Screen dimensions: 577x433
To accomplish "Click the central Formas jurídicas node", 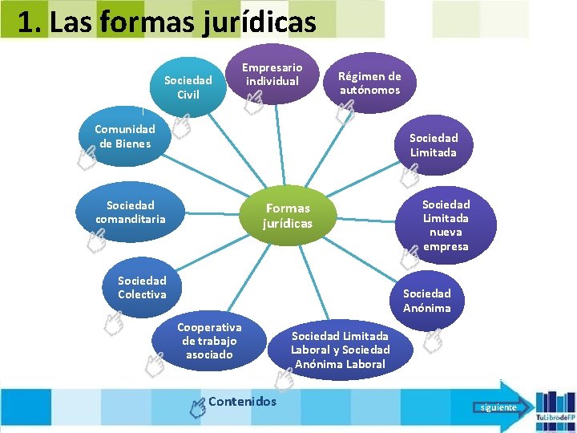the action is pyautogui.click(x=288, y=216).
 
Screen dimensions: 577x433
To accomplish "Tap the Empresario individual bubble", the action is pyautogui.click(x=272, y=75).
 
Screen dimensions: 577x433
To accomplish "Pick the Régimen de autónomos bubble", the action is pyautogui.click(x=369, y=83).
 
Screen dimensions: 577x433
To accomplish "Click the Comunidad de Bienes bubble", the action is pyautogui.click(x=124, y=136).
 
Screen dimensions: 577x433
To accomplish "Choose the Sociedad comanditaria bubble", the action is pyautogui.click(x=131, y=212).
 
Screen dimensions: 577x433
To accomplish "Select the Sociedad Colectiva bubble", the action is pyautogui.click(x=142, y=287).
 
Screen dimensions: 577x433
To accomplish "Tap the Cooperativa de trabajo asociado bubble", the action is pyautogui.click(x=209, y=341).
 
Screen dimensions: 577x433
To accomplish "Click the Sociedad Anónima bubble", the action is pyautogui.click(x=427, y=301).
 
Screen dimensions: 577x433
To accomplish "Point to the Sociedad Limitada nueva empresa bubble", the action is pyautogui.click(x=446, y=225).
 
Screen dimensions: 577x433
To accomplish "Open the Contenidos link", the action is pyautogui.click(x=242, y=402).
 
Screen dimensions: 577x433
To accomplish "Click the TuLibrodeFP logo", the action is pyautogui.click(x=553, y=406).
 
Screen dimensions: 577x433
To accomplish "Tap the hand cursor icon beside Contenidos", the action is pyautogui.click(x=197, y=407).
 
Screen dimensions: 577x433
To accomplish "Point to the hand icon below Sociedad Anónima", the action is pyautogui.click(x=433, y=340).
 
